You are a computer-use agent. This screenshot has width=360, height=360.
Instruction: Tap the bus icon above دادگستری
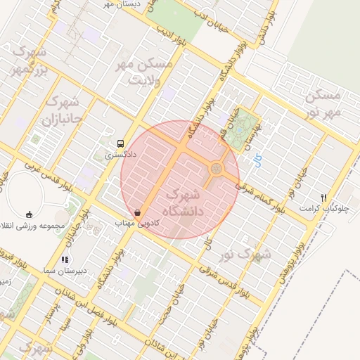120,141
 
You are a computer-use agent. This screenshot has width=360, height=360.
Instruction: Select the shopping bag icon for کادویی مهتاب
138,212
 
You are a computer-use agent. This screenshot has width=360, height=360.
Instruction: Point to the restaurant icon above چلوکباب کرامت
323,198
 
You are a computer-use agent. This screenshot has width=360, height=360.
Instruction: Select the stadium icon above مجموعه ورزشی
29,214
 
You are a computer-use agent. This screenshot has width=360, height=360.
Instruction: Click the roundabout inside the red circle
217,168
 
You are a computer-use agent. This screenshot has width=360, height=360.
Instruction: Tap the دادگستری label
120,152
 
